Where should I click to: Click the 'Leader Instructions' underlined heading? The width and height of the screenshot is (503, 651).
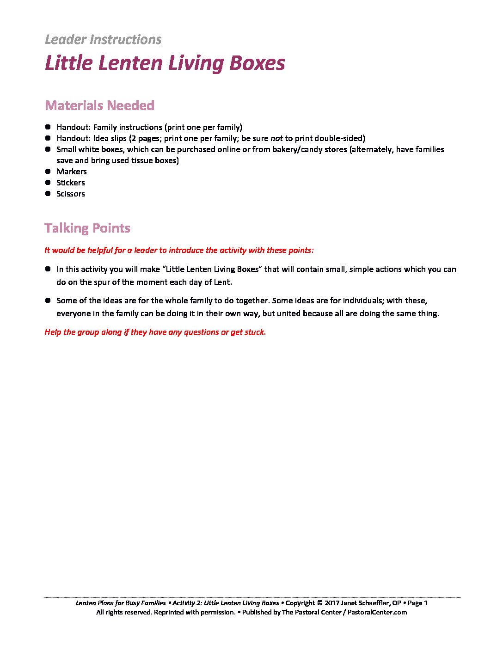click(x=103, y=40)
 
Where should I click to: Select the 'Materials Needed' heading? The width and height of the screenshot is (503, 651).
click(x=99, y=105)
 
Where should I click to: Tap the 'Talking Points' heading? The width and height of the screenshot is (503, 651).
click(x=87, y=228)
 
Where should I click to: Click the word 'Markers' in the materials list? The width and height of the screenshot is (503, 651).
click(x=72, y=172)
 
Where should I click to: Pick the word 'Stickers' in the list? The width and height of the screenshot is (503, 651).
click(x=71, y=183)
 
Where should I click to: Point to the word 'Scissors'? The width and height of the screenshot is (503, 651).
click(x=71, y=194)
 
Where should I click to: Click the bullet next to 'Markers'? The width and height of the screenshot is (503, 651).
click(x=48, y=171)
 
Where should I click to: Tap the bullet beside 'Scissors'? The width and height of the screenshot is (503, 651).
click(x=48, y=193)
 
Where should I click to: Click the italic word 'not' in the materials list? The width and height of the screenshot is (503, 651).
click(x=276, y=138)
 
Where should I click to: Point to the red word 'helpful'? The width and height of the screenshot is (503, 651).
click(x=100, y=250)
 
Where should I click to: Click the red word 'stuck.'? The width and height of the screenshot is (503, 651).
click(x=255, y=332)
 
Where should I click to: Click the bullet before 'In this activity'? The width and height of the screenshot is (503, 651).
click(x=48, y=269)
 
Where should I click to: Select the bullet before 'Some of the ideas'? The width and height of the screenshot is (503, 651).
click(x=48, y=300)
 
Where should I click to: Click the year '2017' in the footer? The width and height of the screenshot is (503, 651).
click(x=332, y=603)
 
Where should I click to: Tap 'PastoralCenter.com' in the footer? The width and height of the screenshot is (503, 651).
click(x=377, y=612)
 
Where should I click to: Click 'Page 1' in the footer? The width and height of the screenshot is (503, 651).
click(x=417, y=603)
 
